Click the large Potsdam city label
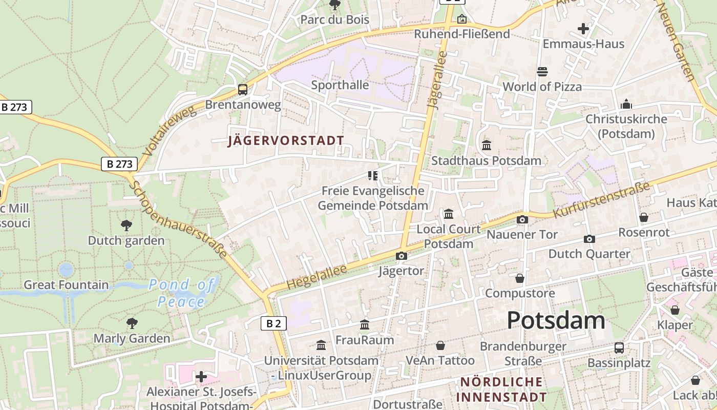tap(556, 320)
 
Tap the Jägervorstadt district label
tap(286, 140)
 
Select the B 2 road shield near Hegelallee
tap(273, 323)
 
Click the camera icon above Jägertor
tap(401, 256)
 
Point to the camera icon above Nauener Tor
tap(522, 220)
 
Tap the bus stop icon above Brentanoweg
tap(243, 90)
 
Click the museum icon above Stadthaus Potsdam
tap(486, 146)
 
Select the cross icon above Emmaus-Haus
tap(583, 29)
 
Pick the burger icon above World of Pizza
tap(542, 71)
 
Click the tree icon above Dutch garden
tap(126, 225)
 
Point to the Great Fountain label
tap(66, 285)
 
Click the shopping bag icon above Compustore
tap(520, 278)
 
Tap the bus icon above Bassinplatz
tap(619, 348)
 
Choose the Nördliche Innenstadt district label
tap(501, 389)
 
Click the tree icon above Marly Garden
tap(132, 323)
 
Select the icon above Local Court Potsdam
tap(449, 214)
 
